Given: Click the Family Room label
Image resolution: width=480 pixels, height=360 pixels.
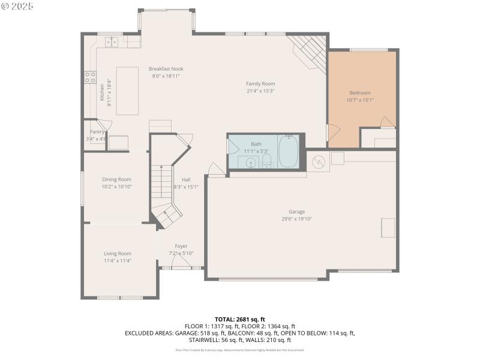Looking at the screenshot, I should pyautogui.click(x=260, y=83).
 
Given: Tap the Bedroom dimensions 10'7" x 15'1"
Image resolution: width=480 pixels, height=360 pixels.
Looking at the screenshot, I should pyautogui.click(x=360, y=100).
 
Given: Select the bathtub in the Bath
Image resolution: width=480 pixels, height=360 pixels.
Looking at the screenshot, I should pyautogui.click(x=288, y=152).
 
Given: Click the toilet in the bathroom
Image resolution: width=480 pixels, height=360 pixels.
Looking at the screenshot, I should pyautogui.click(x=267, y=161).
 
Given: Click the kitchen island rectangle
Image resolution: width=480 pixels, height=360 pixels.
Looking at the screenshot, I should pyautogui.click(x=127, y=91).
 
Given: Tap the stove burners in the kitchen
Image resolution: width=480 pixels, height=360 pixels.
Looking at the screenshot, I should pyautogui.click(x=90, y=77).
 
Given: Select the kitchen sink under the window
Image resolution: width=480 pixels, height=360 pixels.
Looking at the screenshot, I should pyautogui.click(x=112, y=41).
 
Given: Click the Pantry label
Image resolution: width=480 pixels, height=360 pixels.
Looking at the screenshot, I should pyautogui.click(x=97, y=131).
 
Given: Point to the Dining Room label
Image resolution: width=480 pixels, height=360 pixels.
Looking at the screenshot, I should pyautogui.click(x=116, y=179).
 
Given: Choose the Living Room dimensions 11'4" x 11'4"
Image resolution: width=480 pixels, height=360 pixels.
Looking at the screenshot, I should pyautogui.click(x=117, y=261).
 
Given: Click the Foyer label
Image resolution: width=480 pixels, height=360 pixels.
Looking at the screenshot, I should pyautogui.click(x=181, y=246).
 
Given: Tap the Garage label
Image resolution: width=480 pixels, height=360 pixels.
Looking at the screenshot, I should pyautogui.click(x=296, y=211).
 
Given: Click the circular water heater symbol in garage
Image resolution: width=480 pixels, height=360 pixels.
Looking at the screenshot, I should pyautogui.click(x=319, y=160).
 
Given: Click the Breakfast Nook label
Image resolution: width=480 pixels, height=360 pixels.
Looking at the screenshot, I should pyautogui.click(x=166, y=69).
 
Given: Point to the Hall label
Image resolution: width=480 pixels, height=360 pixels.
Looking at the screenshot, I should pyautogui.click(x=186, y=179).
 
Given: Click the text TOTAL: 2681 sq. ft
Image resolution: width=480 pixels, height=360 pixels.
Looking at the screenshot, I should pyautogui.click(x=239, y=319).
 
